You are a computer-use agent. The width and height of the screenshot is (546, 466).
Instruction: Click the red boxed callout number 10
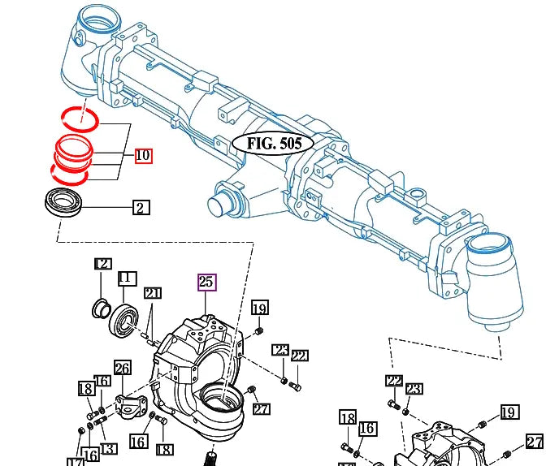[143, 156]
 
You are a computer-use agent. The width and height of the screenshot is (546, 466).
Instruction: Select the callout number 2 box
[140, 208]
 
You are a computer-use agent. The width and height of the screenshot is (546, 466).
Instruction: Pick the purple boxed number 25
[206, 283]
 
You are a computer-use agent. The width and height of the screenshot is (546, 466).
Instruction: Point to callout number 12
[102, 264]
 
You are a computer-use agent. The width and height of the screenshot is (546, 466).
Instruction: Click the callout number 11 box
[125, 278]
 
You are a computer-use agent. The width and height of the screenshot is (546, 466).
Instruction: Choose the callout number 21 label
[153, 293]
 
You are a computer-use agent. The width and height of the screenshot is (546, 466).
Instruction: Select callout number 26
[122, 368]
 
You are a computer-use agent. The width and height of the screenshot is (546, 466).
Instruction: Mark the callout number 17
[75, 461]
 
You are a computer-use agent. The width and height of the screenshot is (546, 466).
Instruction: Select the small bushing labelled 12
[102, 309]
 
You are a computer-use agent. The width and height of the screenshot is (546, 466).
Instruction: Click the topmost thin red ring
[81, 117]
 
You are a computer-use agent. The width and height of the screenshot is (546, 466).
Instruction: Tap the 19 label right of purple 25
[259, 308]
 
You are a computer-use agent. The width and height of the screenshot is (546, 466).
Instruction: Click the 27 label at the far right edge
[534, 442]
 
